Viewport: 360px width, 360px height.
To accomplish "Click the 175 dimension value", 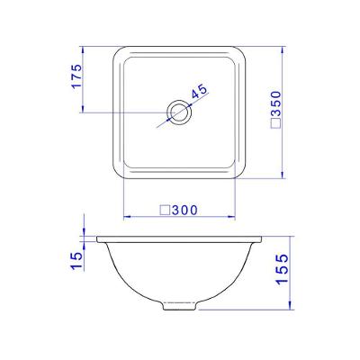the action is tap(76, 76).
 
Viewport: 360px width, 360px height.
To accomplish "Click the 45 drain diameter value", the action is tap(200, 91).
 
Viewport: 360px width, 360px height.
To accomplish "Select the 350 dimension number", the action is tap(275, 103).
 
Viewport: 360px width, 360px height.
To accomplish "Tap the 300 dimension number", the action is tap(184, 211).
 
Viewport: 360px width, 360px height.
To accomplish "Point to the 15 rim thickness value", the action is tap(76, 260).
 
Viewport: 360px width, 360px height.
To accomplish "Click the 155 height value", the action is tap(282, 269).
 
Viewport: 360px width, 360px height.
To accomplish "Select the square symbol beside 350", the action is tap(275, 123).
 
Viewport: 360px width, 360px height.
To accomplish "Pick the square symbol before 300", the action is tap(165, 210).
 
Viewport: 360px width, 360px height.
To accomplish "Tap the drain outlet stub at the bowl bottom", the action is tap(180, 306).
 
